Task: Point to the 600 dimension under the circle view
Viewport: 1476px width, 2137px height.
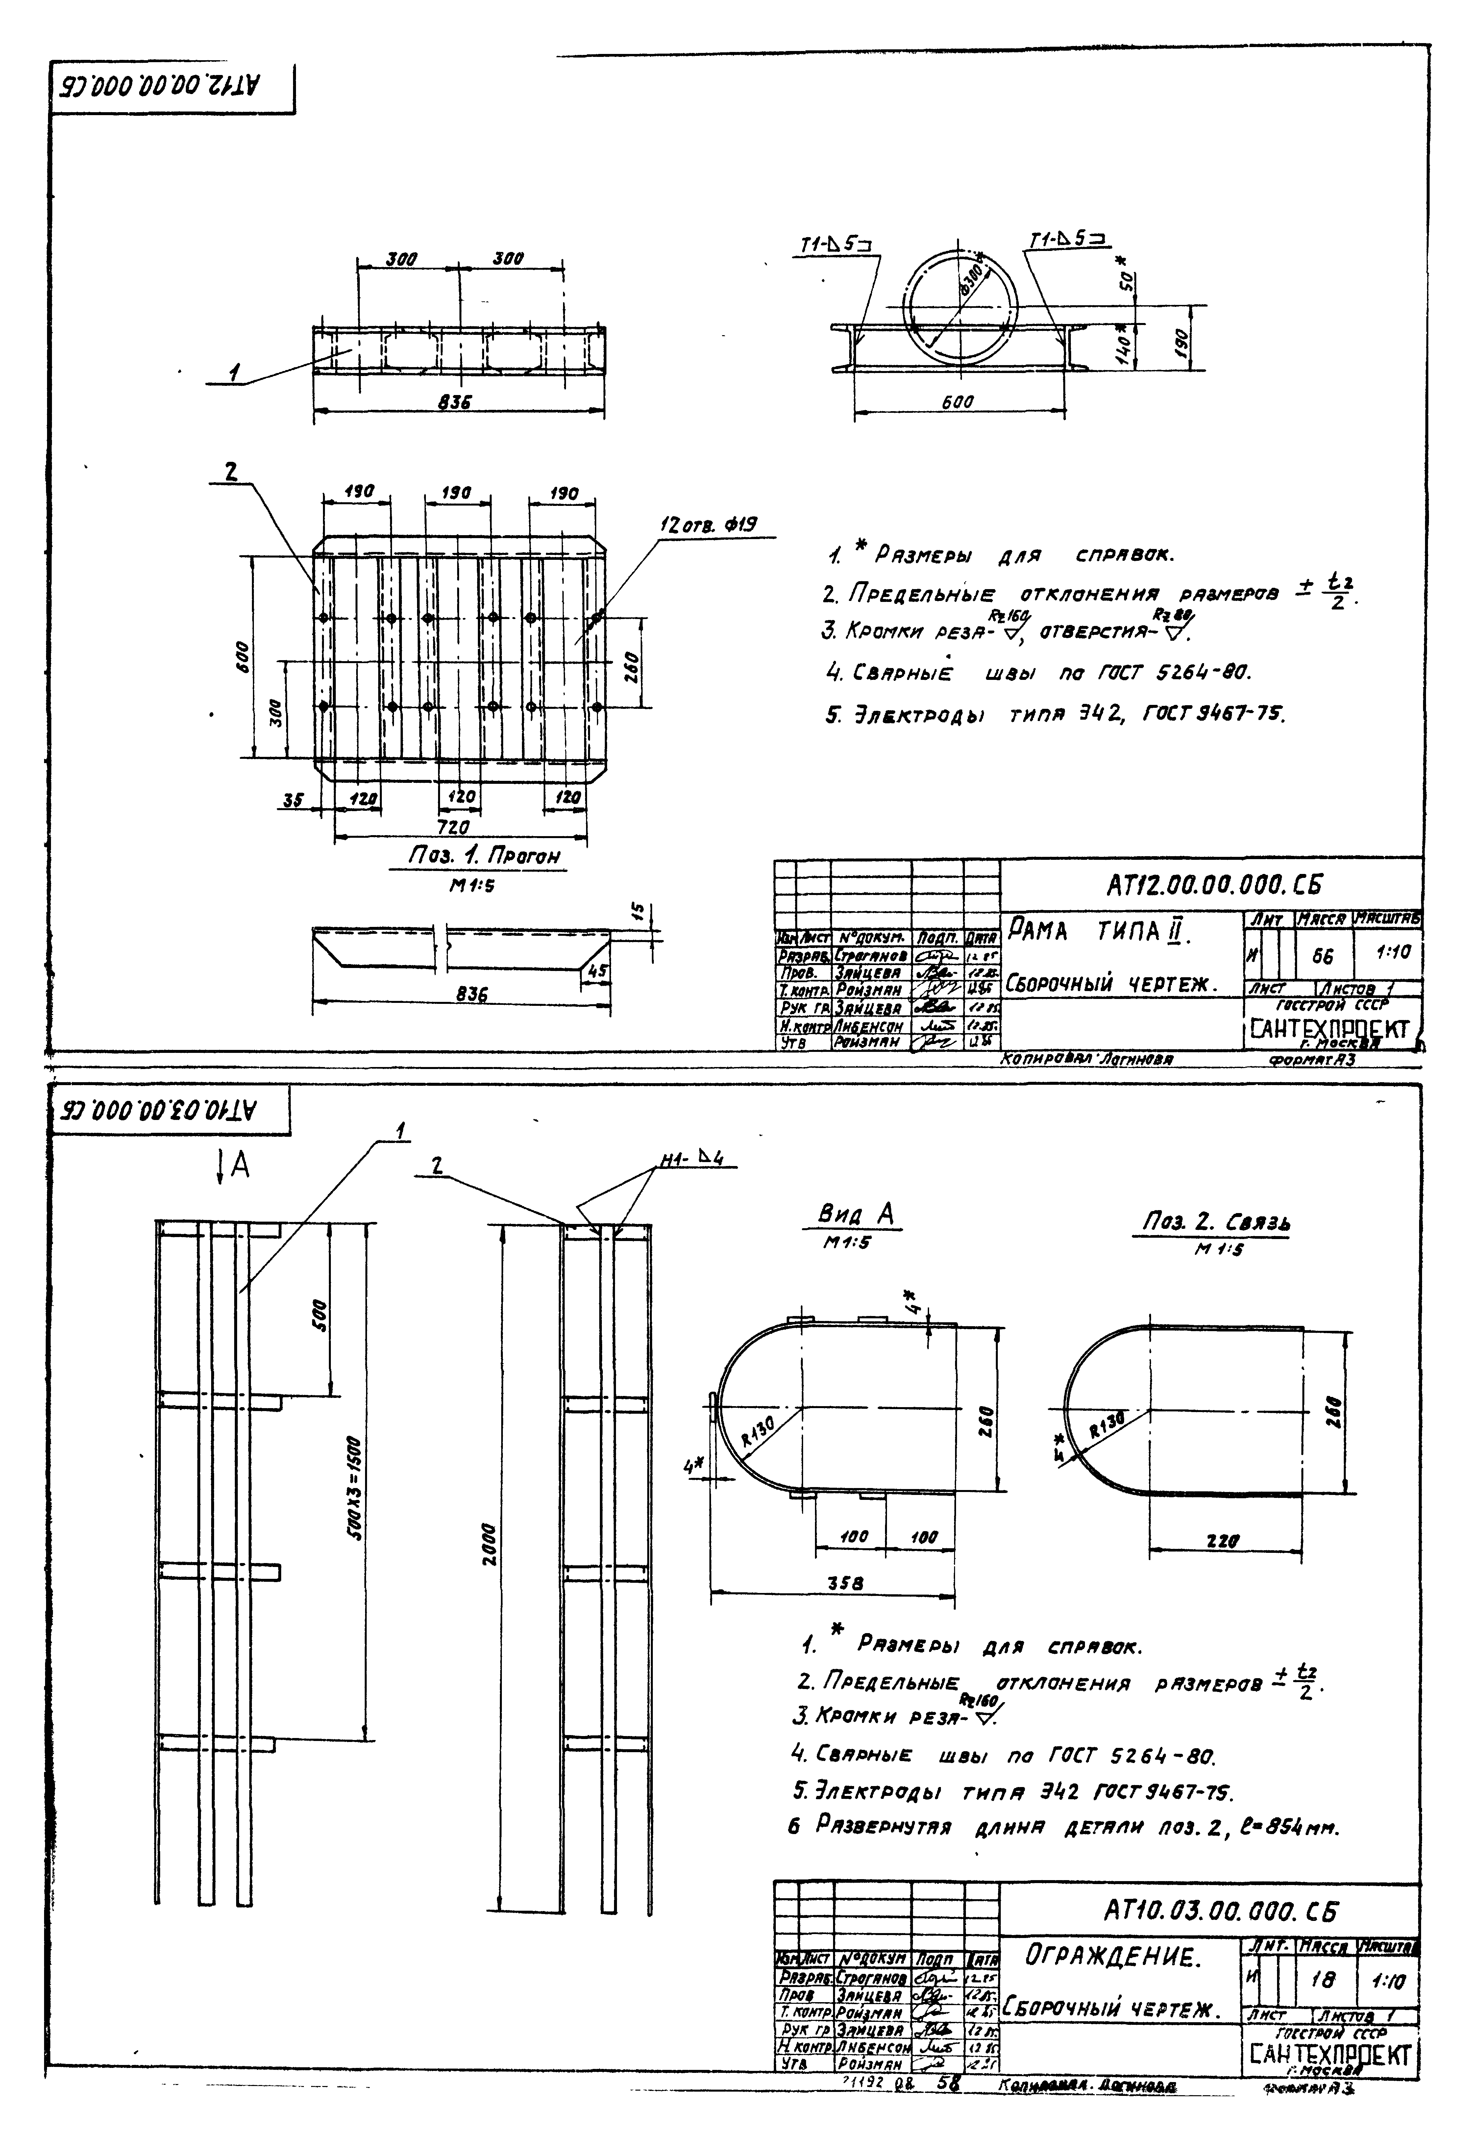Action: [x=956, y=402]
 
